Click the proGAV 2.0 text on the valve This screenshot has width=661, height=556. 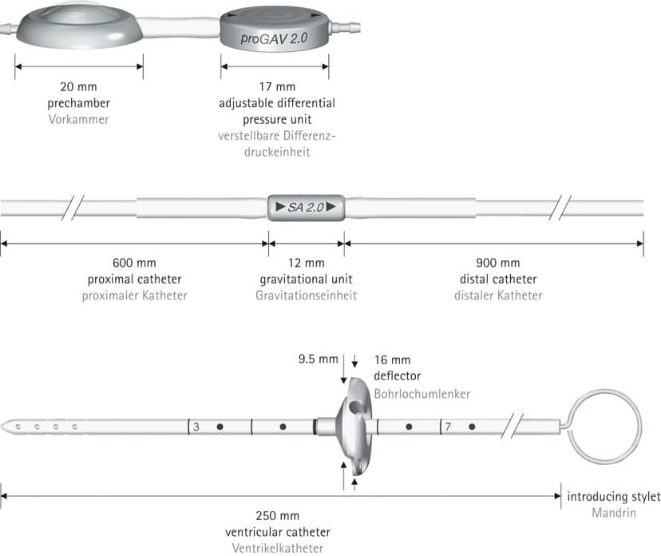pyautogui.click(x=274, y=39)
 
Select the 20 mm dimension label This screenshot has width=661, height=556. pyautogui.click(x=78, y=86)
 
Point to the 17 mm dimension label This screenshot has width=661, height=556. pyautogui.click(x=277, y=86)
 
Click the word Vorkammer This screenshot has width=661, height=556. pyautogui.click(x=78, y=119)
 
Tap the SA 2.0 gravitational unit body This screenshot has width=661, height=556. pyautogui.click(x=306, y=207)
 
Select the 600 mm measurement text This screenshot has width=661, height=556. pyautogui.click(x=134, y=263)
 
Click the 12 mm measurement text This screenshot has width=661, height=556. pyautogui.click(x=306, y=263)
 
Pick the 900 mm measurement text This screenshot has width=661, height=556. pyautogui.click(x=498, y=263)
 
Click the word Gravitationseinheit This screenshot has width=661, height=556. pyautogui.click(x=306, y=296)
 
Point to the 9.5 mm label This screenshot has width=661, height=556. pyautogui.click(x=319, y=359)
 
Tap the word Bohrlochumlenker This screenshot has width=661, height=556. pyautogui.click(x=422, y=394)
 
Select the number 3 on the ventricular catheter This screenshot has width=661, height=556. pyautogui.click(x=196, y=427)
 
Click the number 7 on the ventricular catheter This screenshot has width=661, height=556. pyautogui.click(x=448, y=427)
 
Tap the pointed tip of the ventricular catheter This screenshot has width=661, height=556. pyautogui.click(x=2, y=427)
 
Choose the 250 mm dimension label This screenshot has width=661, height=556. pyautogui.click(x=277, y=515)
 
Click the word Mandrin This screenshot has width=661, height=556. pyautogui.click(x=614, y=513)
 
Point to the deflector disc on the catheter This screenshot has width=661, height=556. pyautogui.click(x=354, y=426)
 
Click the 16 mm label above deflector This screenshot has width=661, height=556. pyautogui.click(x=392, y=359)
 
